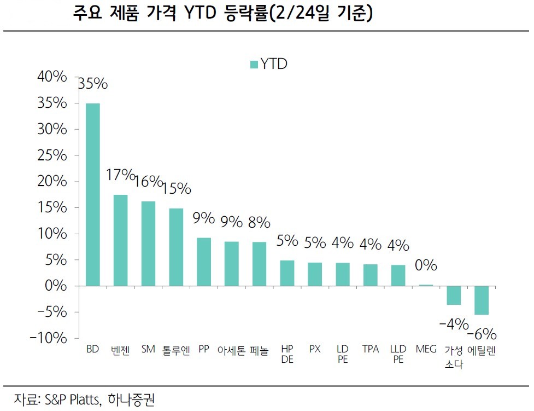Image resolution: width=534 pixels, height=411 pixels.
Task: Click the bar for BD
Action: (x=92, y=194)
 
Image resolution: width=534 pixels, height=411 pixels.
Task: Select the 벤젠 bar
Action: (x=120, y=240)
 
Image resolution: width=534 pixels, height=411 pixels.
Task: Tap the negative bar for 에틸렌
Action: (x=482, y=300)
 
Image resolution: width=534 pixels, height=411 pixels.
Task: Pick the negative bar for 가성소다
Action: (x=454, y=295)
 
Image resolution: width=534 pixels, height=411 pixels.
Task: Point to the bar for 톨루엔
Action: (x=176, y=247)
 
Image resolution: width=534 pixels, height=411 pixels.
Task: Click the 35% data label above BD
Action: (x=93, y=84)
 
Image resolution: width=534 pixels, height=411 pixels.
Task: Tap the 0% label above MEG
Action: (x=426, y=265)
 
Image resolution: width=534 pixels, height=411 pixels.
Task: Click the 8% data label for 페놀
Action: (x=259, y=223)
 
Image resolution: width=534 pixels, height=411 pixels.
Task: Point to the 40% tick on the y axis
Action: (x=52, y=77)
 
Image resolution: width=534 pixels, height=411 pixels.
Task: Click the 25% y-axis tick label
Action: (x=52, y=155)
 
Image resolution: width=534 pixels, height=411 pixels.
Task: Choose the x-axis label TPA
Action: (x=370, y=349)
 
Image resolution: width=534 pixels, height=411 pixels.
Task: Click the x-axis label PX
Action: (x=315, y=349)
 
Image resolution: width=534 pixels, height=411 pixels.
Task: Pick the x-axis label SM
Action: (x=148, y=349)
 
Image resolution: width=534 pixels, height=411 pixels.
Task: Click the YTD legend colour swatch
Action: (x=254, y=65)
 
